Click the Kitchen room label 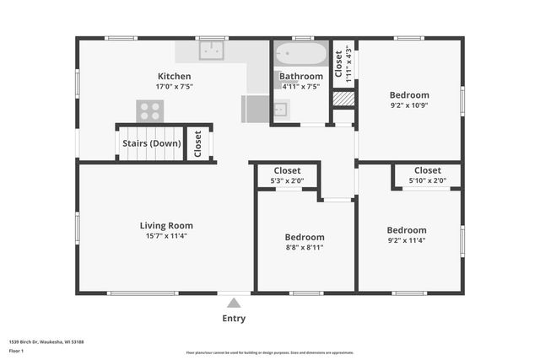click(x=174, y=76)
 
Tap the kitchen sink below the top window click(x=211, y=51)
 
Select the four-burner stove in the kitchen click(x=150, y=110)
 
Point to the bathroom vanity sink click(x=282, y=108)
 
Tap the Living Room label click(x=166, y=225)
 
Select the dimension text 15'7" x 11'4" click(x=166, y=236)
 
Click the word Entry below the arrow click(x=234, y=318)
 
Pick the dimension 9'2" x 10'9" click(x=409, y=106)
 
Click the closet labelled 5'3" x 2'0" click(x=288, y=175)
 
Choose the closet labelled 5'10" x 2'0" click(x=427, y=175)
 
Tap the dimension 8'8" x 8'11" click(x=304, y=248)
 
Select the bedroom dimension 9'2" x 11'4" click(x=407, y=241)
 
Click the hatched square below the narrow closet click(x=343, y=98)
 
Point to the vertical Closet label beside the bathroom click(x=339, y=62)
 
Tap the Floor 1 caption click(x=16, y=350)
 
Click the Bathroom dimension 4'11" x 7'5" click(x=301, y=86)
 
